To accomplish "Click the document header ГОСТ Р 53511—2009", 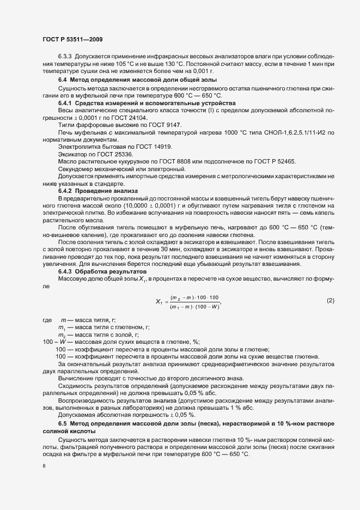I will [x=72, y=40].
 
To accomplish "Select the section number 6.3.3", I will [x=66, y=57].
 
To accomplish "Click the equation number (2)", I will [x=330, y=301].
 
